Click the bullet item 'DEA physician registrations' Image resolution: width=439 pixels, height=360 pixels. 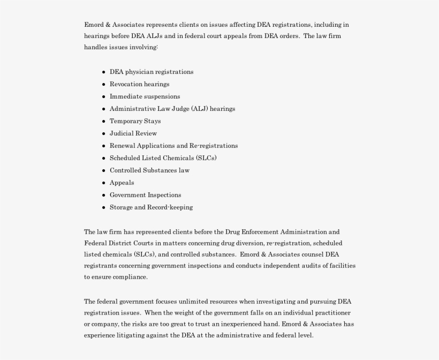point(152,72)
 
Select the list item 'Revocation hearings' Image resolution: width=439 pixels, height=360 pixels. point(139,84)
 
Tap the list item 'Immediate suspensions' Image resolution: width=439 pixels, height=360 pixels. point(145,96)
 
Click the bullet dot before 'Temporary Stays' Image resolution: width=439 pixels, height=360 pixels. point(103,121)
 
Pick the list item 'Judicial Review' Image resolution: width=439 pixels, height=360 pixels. point(133,133)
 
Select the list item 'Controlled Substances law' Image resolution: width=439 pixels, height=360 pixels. point(149,170)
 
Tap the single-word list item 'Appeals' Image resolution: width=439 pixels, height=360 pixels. point(122,183)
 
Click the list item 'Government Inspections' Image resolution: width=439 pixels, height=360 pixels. point(145,195)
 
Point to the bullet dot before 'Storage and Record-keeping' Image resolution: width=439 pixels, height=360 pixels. point(103,207)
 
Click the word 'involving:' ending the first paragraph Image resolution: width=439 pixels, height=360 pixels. point(144,47)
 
